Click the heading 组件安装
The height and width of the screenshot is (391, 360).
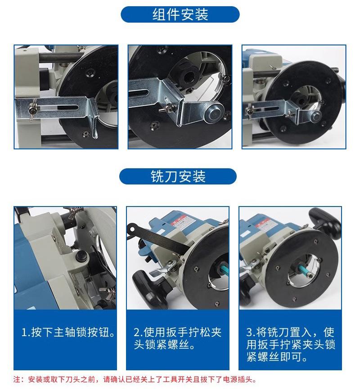pos(180,14)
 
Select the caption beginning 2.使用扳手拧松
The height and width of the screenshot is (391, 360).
pos(178,340)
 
